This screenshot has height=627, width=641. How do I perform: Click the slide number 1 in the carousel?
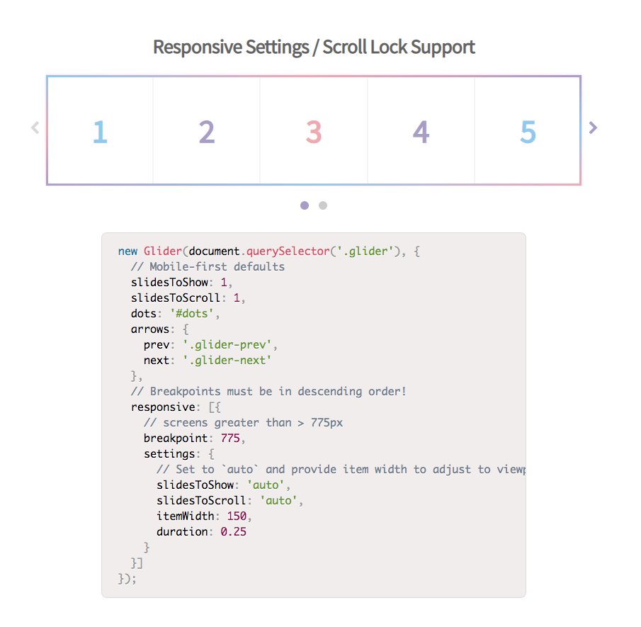[x=100, y=132]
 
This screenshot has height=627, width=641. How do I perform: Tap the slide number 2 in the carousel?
[x=207, y=132]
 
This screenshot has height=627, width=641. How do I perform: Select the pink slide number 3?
[x=314, y=132]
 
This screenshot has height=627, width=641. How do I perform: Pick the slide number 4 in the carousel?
[x=421, y=132]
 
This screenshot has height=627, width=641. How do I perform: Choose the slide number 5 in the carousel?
[x=528, y=132]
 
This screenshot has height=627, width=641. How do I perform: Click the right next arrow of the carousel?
[x=593, y=128]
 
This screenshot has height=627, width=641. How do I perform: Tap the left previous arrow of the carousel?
[x=35, y=128]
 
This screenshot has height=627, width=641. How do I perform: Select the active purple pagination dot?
[x=305, y=205]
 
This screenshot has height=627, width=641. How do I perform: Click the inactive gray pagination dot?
[x=323, y=205]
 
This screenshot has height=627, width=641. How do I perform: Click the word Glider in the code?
[x=163, y=251]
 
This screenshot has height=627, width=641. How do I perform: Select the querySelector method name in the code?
[x=288, y=252]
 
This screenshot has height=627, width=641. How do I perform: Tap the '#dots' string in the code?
[x=192, y=314]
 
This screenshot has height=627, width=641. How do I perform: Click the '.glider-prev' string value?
[x=227, y=345]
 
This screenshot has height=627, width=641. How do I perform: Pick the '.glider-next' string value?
[x=227, y=361]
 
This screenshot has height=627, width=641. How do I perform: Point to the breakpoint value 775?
[x=230, y=439]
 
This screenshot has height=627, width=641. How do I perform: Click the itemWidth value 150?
[x=237, y=516]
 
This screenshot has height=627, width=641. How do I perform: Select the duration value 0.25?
[x=234, y=531]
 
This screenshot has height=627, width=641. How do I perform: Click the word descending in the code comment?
[x=330, y=392]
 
